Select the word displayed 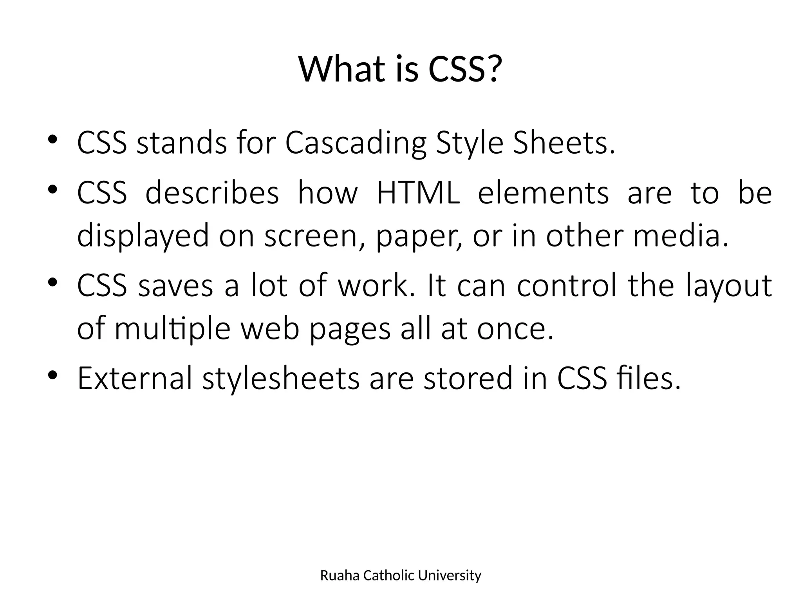[x=143, y=236]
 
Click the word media [x=677, y=236]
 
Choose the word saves [x=175, y=285]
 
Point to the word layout [x=729, y=286]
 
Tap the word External [x=135, y=379]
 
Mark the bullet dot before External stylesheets [x=53, y=375]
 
